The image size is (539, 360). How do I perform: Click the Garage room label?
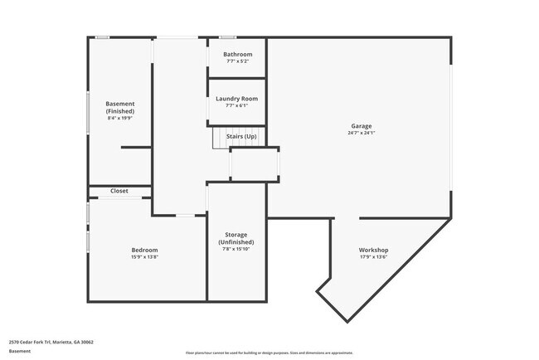(361, 126)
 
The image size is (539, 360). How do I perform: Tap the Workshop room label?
(373, 250)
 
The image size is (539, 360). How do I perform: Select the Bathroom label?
(237, 55)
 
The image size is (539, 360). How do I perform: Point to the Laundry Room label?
(236, 99)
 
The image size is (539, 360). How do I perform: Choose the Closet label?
(119, 191)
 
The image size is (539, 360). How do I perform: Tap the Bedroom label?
(144, 250)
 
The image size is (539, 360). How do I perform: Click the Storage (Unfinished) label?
(236, 238)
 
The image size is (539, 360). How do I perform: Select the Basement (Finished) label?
(120, 107)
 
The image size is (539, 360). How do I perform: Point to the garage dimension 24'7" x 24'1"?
(361, 133)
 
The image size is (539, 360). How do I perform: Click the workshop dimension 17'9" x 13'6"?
(373, 256)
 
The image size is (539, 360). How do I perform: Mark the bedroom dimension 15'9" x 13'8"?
(144, 256)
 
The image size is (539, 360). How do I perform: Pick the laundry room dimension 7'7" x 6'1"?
(236, 105)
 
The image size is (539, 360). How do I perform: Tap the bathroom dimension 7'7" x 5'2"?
(237, 61)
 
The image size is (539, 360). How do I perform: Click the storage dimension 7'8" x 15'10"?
(236, 249)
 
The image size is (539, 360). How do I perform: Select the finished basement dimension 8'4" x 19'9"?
(120, 118)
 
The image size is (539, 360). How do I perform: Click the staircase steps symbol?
(220, 139)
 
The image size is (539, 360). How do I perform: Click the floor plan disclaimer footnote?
(269, 353)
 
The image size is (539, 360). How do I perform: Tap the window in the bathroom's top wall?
(226, 37)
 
